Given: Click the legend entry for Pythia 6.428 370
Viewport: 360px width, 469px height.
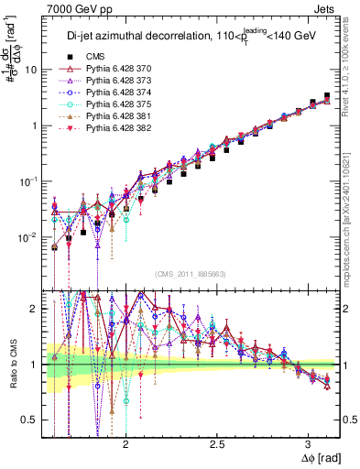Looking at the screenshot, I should point(104,68).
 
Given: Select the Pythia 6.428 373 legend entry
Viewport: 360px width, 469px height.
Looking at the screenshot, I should point(104,80).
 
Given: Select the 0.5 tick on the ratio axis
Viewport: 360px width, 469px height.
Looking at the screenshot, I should point(30,420).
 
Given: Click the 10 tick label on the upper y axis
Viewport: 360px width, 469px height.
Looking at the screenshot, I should point(30,70).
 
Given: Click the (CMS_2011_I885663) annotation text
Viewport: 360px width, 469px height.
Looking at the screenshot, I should point(191,274).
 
